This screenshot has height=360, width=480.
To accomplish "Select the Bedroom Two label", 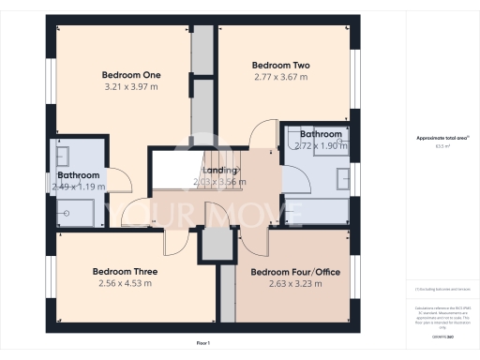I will tap(281, 66).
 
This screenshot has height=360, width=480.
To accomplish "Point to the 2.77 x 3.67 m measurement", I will tap(281, 78).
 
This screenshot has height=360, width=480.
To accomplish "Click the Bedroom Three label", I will tap(123, 272).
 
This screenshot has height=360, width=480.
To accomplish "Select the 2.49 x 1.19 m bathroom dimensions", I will tap(79, 187).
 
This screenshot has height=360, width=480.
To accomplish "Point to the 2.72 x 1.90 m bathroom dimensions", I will tap(321, 146).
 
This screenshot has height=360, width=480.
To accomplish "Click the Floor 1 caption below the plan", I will tap(203, 344).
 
